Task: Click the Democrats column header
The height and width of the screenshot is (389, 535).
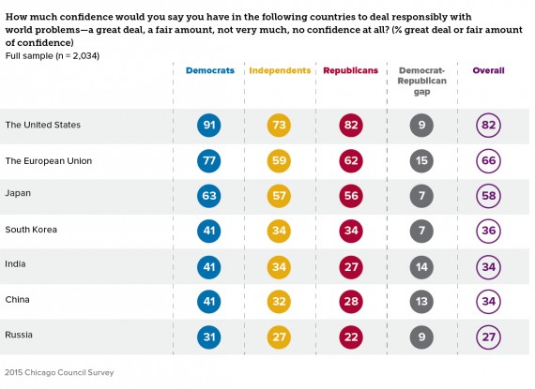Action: point(210,70)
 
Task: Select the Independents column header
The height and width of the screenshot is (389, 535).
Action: point(280,70)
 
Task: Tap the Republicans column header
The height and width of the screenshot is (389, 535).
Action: point(350,70)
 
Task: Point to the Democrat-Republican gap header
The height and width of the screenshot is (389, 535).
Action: point(421,81)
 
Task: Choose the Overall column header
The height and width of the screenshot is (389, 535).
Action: point(488,70)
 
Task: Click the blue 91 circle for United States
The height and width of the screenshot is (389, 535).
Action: point(208,125)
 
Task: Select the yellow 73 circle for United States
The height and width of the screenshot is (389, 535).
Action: point(279,125)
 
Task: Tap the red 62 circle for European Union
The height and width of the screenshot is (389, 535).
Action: point(351,161)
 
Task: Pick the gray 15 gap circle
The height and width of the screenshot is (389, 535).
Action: point(421,161)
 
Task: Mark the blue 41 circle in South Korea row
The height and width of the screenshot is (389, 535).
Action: point(208,231)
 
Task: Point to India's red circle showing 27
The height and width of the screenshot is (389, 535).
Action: point(351,267)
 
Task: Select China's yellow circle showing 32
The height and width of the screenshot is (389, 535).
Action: point(279,302)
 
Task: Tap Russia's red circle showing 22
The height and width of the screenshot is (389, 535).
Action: point(351,337)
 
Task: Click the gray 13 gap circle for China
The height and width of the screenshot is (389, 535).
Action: point(421,302)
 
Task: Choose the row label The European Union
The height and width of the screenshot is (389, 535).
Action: point(49,161)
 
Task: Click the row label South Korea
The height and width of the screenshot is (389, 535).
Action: point(31,230)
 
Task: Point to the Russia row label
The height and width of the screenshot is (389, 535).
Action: point(19,335)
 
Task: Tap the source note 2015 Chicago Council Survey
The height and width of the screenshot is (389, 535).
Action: point(59,372)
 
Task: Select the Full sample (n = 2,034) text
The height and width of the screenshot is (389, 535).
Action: point(53,56)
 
